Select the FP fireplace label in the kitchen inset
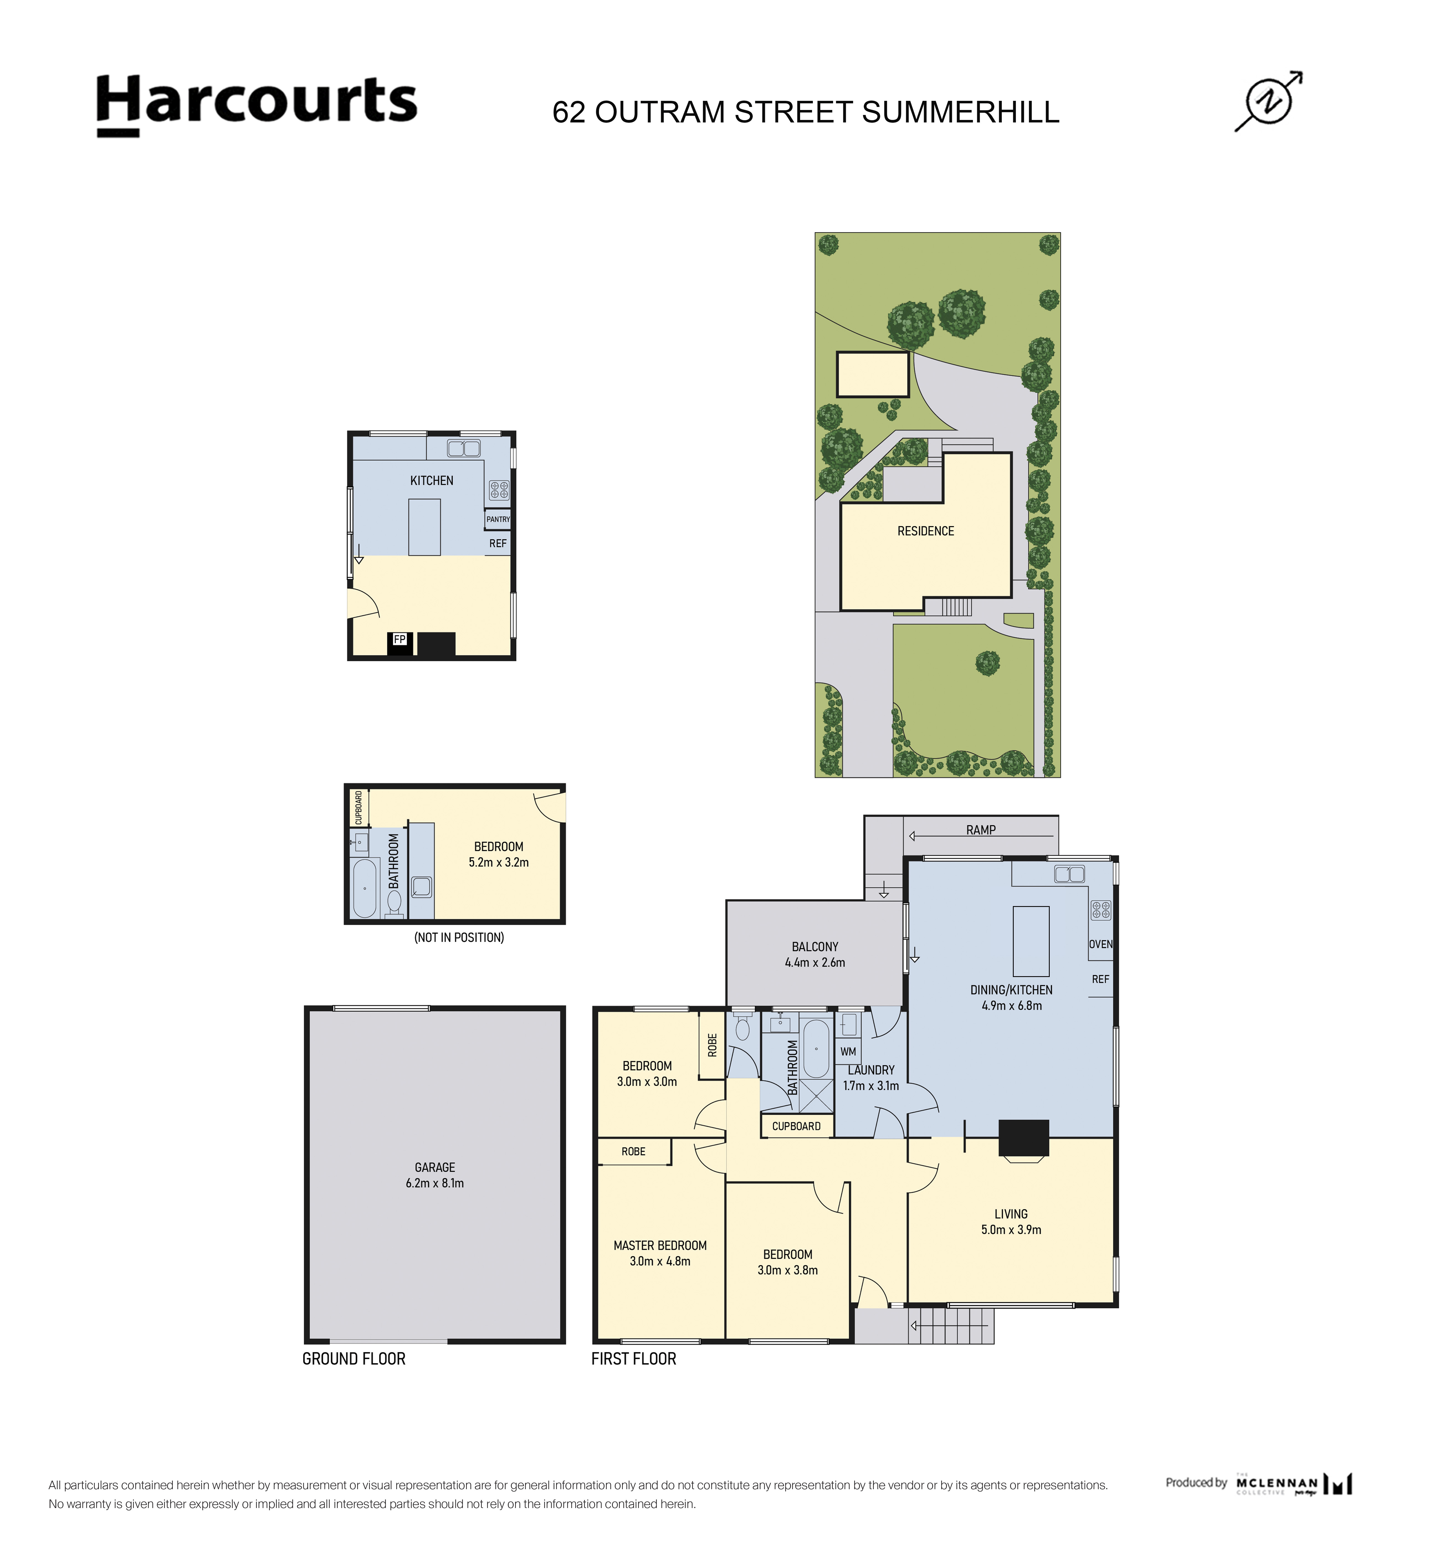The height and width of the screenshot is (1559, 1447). click(399, 640)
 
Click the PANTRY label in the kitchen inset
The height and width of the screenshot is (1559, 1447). click(498, 519)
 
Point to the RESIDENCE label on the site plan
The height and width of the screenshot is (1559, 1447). click(926, 531)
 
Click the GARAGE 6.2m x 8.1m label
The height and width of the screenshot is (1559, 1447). click(435, 1175)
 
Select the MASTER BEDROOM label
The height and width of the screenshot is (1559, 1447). click(660, 1245)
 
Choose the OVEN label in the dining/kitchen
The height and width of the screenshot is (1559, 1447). click(1100, 944)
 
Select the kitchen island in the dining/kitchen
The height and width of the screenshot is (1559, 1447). click(1030, 941)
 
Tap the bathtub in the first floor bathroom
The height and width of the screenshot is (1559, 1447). click(816, 1048)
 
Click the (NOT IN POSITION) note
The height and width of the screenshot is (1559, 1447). click(459, 937)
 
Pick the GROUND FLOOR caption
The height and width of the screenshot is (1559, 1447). click(354, 1358)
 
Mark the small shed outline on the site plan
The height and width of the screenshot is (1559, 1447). click(872, 374)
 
